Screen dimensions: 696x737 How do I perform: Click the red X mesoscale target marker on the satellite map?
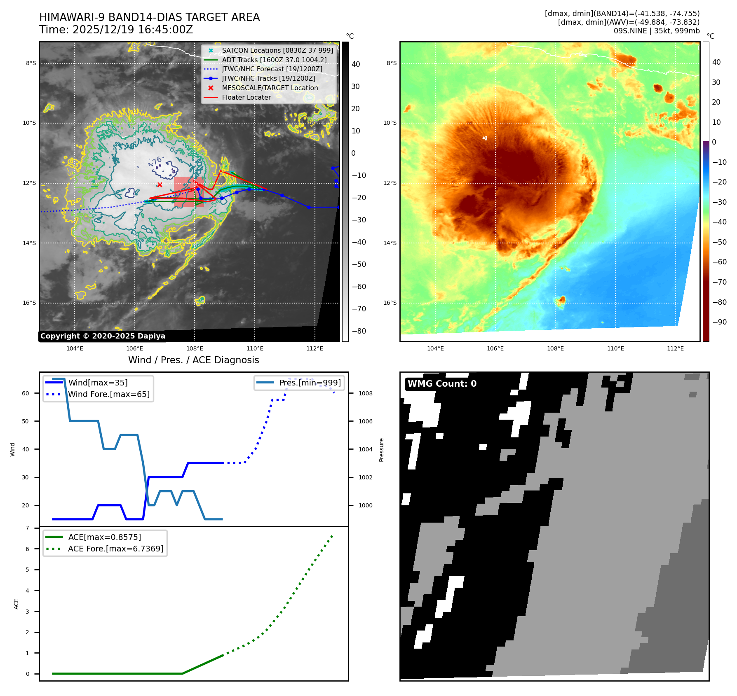pos(160,185)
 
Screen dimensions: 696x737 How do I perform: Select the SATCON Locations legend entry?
pos(277,50)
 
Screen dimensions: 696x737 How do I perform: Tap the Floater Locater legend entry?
pos(246,97)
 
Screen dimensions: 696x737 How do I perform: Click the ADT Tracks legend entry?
pos(274,60)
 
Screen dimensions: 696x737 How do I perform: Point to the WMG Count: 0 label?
pos(442,384)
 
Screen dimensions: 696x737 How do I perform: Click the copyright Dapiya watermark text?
pos(103,336)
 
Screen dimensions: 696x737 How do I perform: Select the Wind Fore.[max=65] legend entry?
pos(108,394)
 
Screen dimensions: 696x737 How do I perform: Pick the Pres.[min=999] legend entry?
pos(310,383)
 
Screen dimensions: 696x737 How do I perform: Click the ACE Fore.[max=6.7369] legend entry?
pos(115,549)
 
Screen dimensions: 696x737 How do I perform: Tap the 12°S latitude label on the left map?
pos(29,183)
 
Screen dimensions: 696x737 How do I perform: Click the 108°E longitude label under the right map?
pos(555,348)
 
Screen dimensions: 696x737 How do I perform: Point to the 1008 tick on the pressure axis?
pos(365,393)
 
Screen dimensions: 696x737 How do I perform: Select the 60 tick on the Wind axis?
pos(26,393)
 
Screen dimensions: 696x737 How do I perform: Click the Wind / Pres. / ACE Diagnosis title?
pos(194,360)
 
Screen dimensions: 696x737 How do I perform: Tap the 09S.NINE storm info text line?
pos(656,31)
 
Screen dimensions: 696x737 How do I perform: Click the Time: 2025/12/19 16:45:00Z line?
pos(116,30)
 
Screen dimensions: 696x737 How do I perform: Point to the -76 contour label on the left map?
pos(157,161)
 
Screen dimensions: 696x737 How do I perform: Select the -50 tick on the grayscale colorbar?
pos(359,264)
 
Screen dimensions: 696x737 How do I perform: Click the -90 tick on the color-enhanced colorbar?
pos(719,322)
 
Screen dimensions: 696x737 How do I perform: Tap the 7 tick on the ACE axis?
pos(28,528)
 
